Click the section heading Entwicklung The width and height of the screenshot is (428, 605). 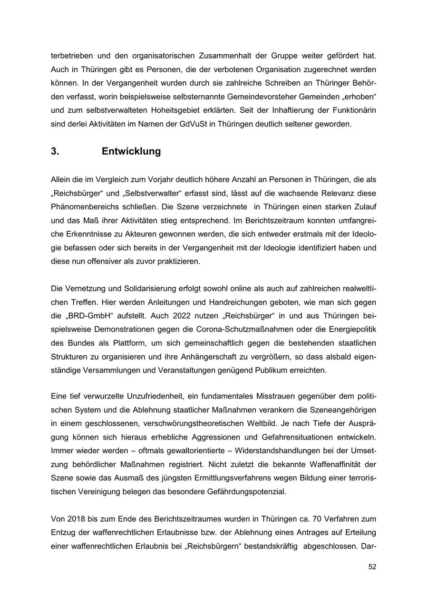pos(131,151)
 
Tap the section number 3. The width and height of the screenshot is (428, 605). pos(55,151)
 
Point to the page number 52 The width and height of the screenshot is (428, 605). pos(372,567)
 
